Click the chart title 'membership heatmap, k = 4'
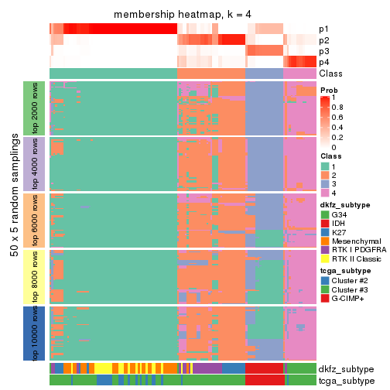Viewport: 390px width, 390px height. click(183, 15)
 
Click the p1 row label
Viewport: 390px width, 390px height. click(324, 29)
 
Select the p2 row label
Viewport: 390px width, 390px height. click(324, 40)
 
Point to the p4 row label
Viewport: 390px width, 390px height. click(324, 62)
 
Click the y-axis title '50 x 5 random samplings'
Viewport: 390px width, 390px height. click(13, 221)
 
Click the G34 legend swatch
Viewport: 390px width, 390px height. click(325, 214)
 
